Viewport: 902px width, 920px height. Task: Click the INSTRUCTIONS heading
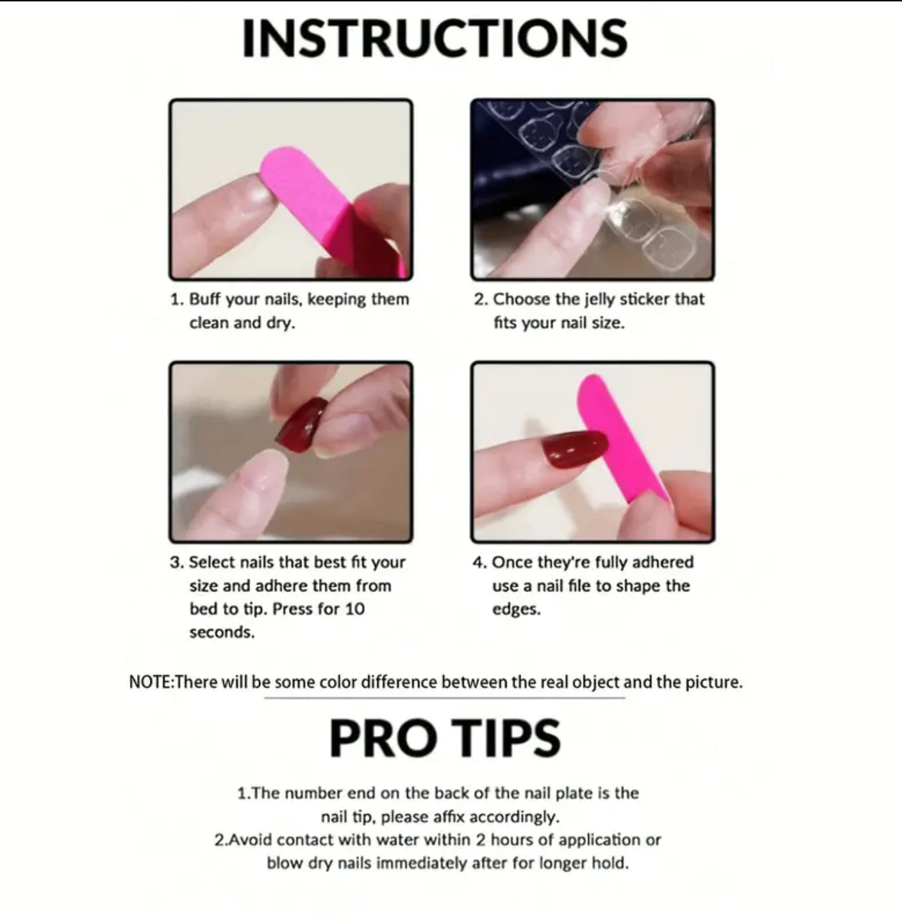(434, 39)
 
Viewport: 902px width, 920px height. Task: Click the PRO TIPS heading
(445, 738)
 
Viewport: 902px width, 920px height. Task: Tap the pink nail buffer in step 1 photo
(329, 210)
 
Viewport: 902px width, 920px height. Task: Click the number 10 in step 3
(354, 609)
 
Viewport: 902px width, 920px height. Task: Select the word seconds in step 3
(222, 633)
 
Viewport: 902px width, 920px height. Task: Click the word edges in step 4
(516, 610)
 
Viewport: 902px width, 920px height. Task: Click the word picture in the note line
(714, 682)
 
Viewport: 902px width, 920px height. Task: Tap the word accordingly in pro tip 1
(514, 817)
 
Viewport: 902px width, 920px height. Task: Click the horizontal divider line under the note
(444, 698)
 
